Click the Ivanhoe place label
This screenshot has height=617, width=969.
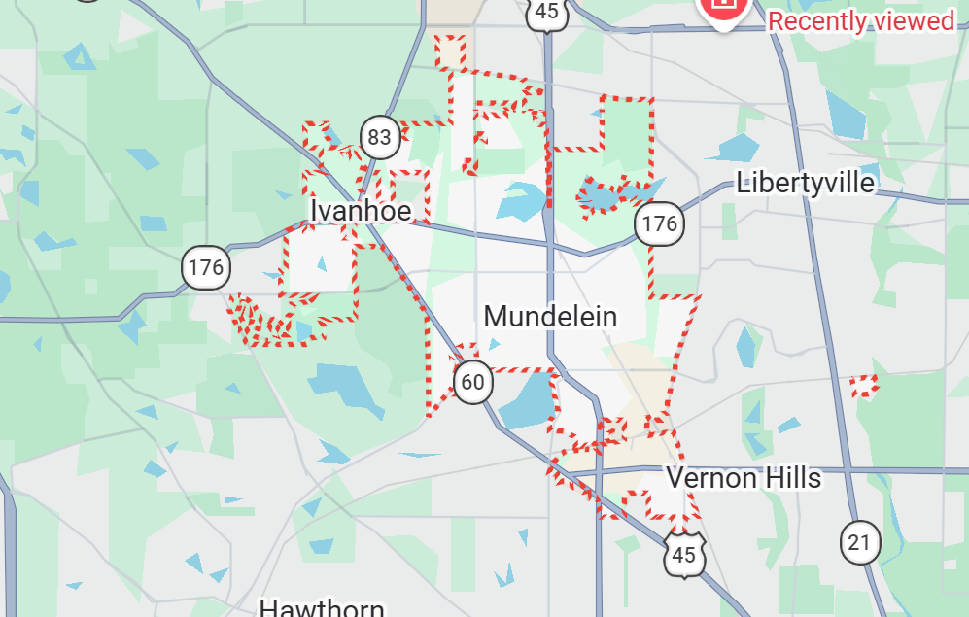361,210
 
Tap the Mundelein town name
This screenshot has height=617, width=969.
550,317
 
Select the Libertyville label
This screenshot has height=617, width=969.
805,182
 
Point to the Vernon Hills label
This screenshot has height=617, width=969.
744,478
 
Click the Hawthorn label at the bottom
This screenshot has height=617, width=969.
322,607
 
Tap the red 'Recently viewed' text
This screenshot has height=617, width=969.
861,20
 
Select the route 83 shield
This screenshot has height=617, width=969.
379,137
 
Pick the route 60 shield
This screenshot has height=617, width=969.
472,382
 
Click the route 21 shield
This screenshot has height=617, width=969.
859,542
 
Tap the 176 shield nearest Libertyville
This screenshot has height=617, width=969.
659,224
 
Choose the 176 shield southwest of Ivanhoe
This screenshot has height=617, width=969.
206,267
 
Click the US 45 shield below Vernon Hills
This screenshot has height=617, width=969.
685,555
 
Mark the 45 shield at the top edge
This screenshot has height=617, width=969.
547,12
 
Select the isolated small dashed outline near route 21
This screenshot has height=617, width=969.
864,386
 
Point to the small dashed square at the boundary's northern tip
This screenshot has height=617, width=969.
450,52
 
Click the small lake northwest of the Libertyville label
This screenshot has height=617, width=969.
739,148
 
